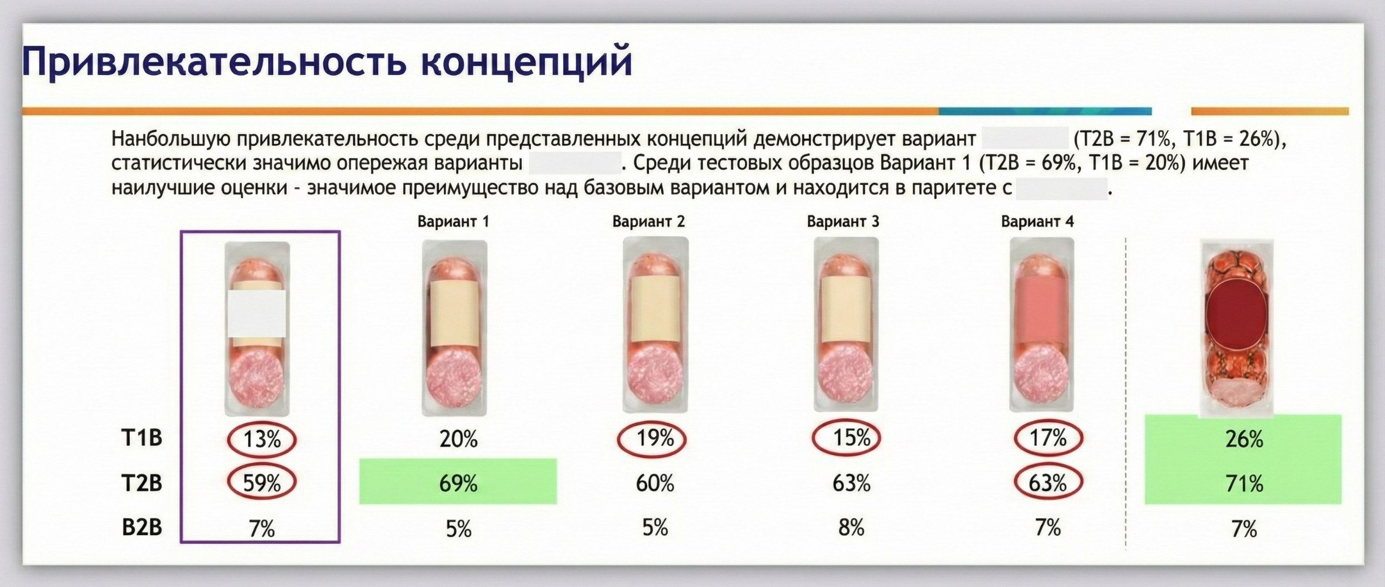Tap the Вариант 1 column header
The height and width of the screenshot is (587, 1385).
[x=453, y=222]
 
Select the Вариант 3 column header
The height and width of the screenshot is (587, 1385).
[x=843, y=222]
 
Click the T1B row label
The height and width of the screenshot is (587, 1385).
[x=142, y=438]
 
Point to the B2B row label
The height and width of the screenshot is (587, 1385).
[x=142, y=527]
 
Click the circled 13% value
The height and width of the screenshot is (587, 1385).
[x=262, y=439]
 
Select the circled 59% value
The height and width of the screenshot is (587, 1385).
[x=262, y=483]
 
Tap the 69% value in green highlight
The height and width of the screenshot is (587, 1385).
[x=458, y=483]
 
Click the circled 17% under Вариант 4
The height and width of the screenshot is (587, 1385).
[x=1048, y=438]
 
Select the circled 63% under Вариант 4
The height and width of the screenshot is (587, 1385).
[x=1048, y=483]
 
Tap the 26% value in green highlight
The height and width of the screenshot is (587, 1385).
[x=1244, y=439]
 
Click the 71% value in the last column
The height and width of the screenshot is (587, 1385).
[x=1244, y=483]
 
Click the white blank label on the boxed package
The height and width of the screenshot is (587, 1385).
[x=256, y=313]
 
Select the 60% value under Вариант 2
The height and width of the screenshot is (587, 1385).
[x=655, y=483]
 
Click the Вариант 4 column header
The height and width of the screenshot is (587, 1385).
[x=1037, y=222]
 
